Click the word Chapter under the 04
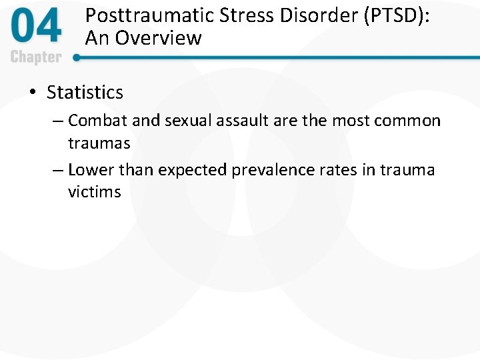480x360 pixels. [x=36, y=57]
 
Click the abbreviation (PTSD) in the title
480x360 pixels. [x=391, y=17]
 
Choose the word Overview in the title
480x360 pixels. [x=159, y=38]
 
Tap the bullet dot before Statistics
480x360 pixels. [x=33, y=93]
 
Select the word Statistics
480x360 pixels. [x=85, y=93]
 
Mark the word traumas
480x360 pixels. [x=99, y=143]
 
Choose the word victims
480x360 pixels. [x=94, y=193]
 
